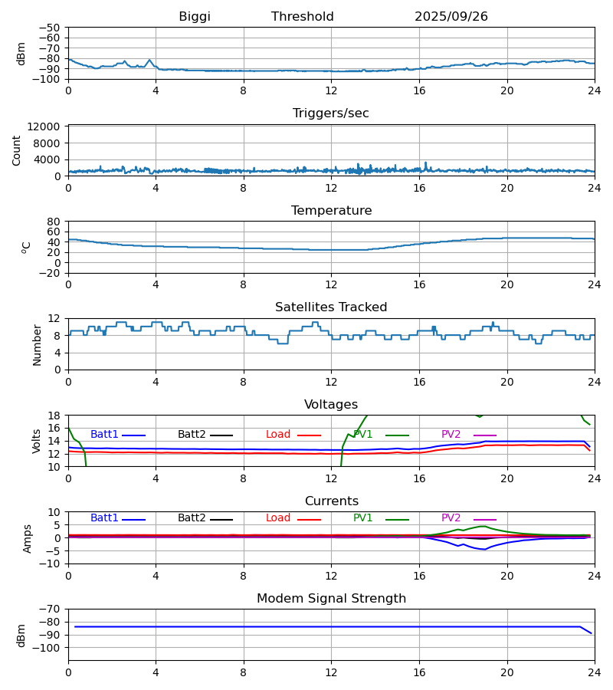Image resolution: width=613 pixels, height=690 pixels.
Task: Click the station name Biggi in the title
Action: pos(195,17)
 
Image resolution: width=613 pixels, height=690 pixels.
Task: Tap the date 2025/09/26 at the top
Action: pos(451,17)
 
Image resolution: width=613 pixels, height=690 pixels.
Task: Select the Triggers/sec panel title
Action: pos(331,113)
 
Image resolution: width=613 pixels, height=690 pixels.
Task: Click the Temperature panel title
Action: pos(331,211)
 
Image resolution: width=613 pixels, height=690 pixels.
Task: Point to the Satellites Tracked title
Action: pos(331,307)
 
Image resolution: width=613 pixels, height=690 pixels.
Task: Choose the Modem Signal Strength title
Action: pos(331,599)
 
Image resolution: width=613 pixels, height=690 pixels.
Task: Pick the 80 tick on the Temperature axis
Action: pos(54,222)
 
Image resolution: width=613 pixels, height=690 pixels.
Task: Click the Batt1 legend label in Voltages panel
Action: pos(104,435)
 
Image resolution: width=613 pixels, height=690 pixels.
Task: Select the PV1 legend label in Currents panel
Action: pos(362,518)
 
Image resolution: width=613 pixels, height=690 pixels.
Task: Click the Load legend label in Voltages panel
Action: pos(278,435)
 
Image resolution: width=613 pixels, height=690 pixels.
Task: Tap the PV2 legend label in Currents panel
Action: pos(451,518)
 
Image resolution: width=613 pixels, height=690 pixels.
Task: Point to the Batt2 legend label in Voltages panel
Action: pos(192,435)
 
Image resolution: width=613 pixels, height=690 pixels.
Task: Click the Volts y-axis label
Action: pos(37,441)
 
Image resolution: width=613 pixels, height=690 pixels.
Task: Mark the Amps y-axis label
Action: pos(28,538)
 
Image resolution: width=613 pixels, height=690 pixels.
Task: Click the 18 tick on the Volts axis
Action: pos(54,416)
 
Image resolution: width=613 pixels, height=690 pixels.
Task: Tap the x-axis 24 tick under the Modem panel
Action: pos(594,672)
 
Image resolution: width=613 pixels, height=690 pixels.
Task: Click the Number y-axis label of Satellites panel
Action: pos(37,344)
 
